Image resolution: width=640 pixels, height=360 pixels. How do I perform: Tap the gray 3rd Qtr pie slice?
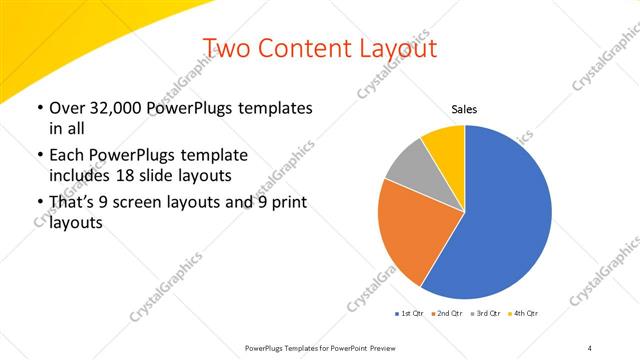pos(410,167)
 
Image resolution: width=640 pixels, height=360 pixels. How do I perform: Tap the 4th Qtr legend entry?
pos(526,314)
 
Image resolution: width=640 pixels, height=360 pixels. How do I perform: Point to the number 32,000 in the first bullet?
pos(113,108)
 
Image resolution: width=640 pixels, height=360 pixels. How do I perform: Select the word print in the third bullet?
pos(285,204)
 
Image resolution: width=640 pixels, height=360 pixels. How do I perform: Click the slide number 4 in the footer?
pos(590,346)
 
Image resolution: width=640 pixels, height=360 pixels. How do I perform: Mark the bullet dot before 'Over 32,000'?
pos(39,108)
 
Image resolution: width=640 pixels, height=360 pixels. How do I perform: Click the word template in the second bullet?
pos(213,156)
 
